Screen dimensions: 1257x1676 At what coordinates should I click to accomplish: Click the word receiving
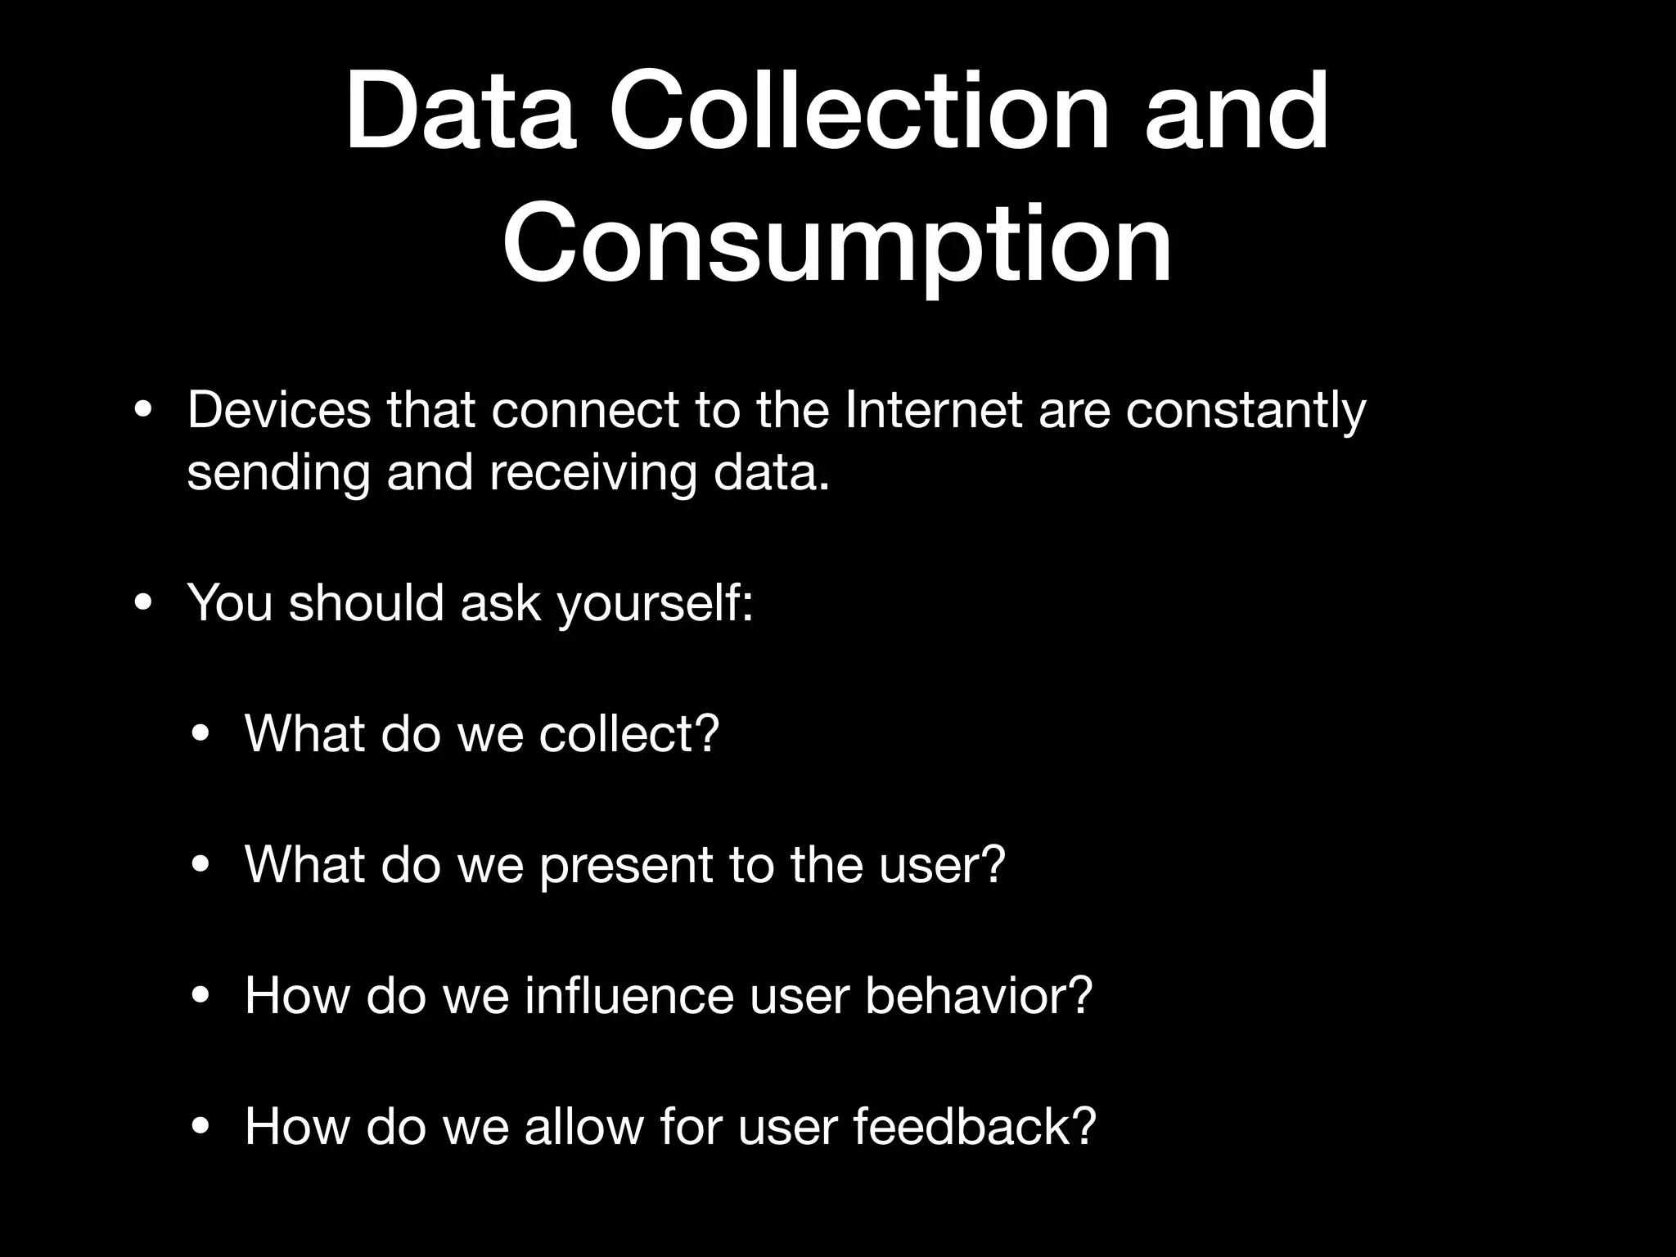click(592, 475)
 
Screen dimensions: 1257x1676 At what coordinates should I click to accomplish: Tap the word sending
click(278, 475)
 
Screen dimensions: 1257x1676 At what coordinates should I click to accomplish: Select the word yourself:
click(655, 604)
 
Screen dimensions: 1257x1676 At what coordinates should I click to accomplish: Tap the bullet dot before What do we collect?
click(200, 734)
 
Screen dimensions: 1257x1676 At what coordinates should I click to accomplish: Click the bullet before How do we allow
click(200, 1127)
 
